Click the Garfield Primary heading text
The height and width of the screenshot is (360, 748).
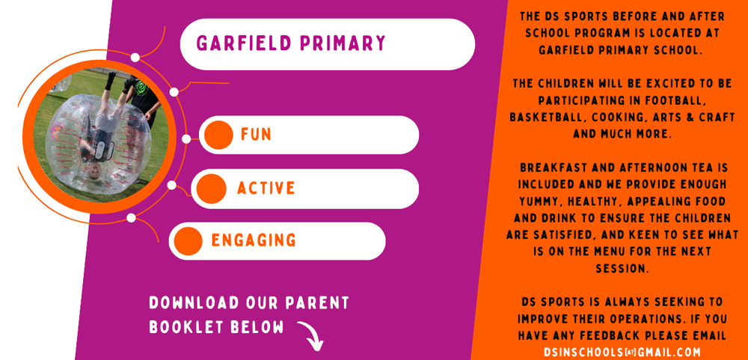(x=290, y=43)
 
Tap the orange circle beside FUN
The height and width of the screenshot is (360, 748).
(x=219, y=135)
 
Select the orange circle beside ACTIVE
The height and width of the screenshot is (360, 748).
(x=212, y=188)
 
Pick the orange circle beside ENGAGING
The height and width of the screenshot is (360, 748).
(x=188, y=240)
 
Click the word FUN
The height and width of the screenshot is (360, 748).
(x=256, y=135)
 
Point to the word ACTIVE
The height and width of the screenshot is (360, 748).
(x=266, y=188)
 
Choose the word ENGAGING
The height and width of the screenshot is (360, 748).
(x=254, y=240)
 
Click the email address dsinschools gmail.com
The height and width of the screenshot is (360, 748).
(x=623, y=351)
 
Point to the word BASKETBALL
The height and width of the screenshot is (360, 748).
(x=545, y=118)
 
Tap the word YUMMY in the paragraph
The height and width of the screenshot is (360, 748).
(x=541, y=201)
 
